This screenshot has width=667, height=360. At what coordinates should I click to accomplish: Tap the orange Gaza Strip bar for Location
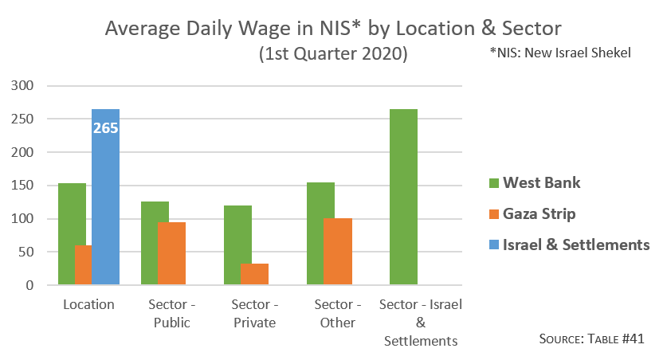pyautogui.click(x=83, y=264)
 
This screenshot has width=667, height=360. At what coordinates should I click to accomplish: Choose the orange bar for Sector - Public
pyautogui.click(x=171, y=253)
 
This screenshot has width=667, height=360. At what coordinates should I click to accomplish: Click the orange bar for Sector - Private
pyautogui.click(x=254, y=274)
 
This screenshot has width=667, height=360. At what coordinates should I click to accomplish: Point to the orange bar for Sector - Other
pyautogui.click(x=337, y=251)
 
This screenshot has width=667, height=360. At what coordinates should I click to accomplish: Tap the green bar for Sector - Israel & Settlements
pyautogui.click(x=403, y=197)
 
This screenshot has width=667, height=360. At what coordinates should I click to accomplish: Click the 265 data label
pyautogui.click(x=105, y=127)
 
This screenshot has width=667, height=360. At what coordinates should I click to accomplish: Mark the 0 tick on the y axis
pyautogui.click(x=29, y=285)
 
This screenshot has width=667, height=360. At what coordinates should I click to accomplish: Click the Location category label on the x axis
pyautogui.click(x=88, y=305)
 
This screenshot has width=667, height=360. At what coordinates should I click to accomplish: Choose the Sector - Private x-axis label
pyautogui.click(x=253, y=314)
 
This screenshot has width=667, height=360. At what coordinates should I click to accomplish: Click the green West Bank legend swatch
pyautogui.click(x=493, y=183)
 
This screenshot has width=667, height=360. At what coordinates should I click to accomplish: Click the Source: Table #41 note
pyautogui.click(x=590, y=339)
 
